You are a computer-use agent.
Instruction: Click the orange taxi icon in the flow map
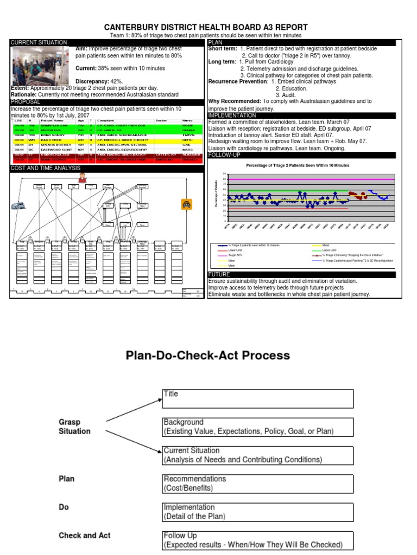pyautogui.click(x=187, y=204)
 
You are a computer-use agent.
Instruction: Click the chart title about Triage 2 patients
pyautogui.click(x=298, y=165)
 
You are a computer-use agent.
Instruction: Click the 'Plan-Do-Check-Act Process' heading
pyautogui.click(x=208, y=356)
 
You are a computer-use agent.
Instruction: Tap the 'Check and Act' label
pyautogui.click(x=84, y=535)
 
